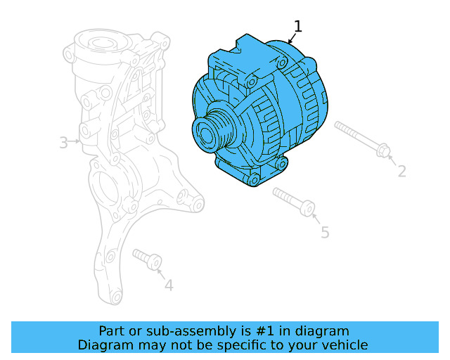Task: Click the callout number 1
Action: click(x=298, y=27)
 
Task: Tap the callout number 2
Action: click(x=401, y=170)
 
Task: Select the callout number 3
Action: click(x=63, y=143)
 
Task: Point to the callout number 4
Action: click(x=168, y=285)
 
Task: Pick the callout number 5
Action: click(x=324, y=232)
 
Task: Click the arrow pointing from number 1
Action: click(x=292, y=39)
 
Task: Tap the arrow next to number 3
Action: click(x=76, y=143)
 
